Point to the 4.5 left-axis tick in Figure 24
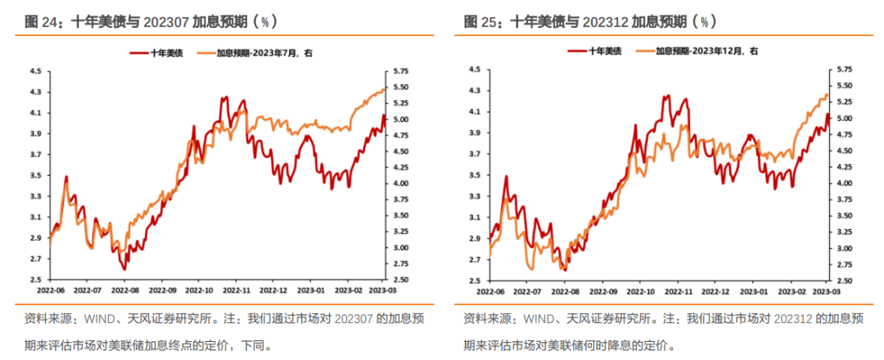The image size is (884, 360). [x=36, y=71]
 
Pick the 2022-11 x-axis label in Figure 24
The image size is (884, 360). [x=236, y=290]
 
